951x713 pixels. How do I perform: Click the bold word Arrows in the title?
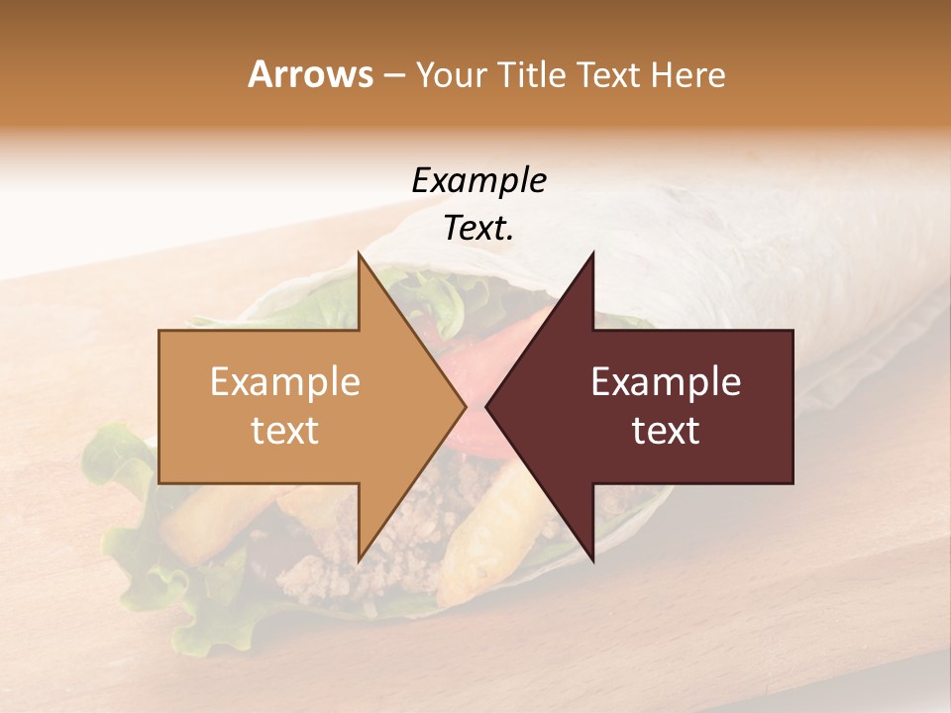click(310, 74)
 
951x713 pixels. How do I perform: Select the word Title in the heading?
click(532, 75)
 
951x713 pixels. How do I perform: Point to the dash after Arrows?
click(393, 76)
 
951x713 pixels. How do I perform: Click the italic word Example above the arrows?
click(478, 180)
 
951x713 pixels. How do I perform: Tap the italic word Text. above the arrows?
click(478, 228)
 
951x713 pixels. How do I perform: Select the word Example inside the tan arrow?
click(285, 382)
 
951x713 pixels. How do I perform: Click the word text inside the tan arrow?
click(285, 431)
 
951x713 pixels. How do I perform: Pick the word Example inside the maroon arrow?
click(666, 382)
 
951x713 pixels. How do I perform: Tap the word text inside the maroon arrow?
click(666, 431)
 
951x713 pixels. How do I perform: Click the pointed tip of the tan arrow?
click(465, 406)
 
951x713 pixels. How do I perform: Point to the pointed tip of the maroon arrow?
click(487, 406)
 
